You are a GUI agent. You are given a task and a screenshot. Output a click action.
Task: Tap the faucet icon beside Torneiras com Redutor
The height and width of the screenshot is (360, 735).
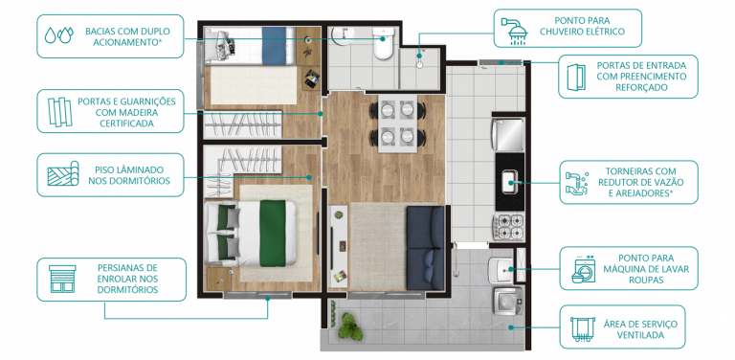580,181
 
